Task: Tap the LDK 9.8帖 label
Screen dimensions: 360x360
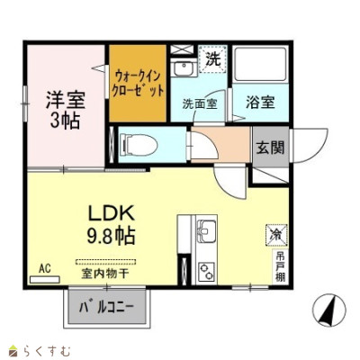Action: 111,225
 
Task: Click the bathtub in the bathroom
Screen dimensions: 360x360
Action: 259,65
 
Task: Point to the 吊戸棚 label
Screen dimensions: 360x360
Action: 280,266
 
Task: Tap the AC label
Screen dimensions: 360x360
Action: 42,267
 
